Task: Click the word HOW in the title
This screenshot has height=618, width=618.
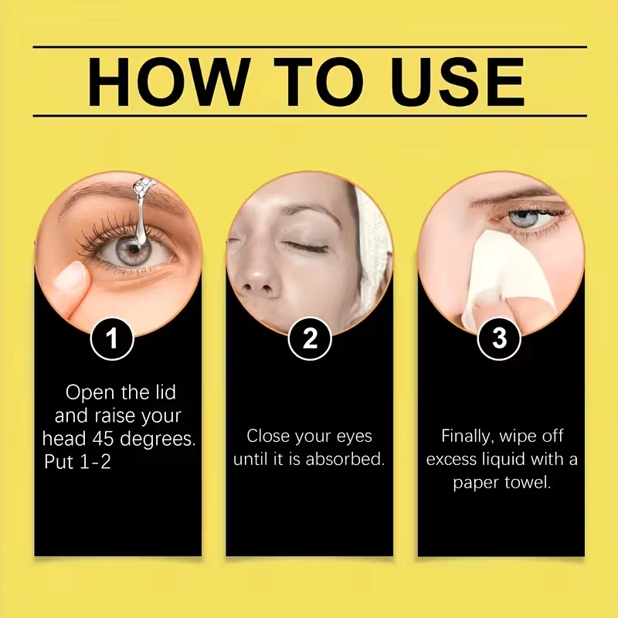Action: click(x=169, y=82)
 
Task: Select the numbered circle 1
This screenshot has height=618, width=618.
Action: click(x=112, y=338)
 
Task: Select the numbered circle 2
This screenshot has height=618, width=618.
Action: click(x=310, y=338)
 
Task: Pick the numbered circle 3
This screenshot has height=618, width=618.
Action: click(x=499, y=338)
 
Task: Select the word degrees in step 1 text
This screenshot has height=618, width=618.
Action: click(x=158, y=439)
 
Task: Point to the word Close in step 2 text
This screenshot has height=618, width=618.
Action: click(x=268, y=436)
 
